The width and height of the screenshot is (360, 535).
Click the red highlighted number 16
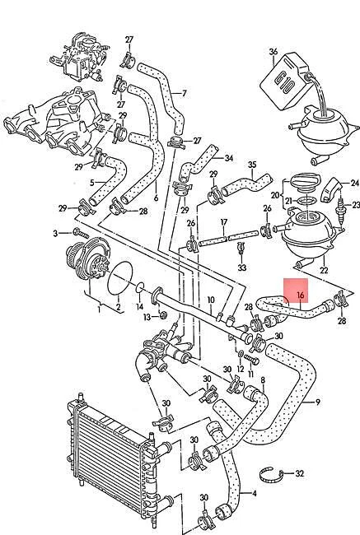coord(300,293)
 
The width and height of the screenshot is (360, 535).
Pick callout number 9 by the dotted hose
coord(317,402)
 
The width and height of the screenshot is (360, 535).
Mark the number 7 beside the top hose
coord(183,92)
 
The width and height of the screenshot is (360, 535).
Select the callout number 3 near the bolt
coord(55,235)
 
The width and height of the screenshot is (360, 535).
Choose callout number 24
coord(355,183)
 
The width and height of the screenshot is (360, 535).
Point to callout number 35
coord(253,164)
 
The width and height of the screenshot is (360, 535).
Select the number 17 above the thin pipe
coord(223,221)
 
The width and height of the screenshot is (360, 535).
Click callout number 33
coord(241,268)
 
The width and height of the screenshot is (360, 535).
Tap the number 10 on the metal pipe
coord(211,300)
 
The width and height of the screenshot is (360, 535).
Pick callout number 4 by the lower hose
coord(253,494)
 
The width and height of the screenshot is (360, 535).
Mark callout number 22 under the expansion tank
coord(324,268)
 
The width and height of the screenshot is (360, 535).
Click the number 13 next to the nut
coord(146,316)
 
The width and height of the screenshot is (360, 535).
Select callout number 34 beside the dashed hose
coord(229,157)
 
